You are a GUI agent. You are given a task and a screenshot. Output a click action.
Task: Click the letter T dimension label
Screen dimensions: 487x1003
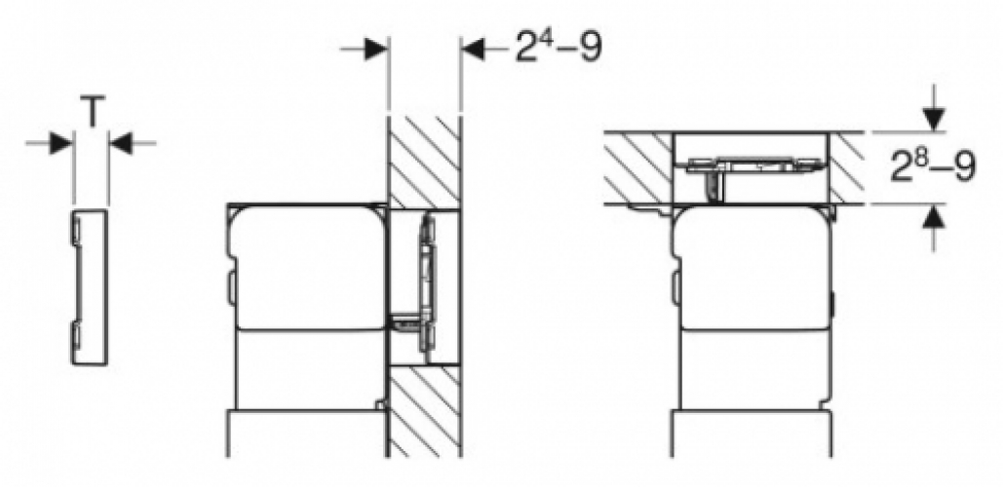coord(91,114)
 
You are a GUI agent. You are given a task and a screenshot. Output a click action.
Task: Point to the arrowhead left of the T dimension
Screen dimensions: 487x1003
coord(60,143)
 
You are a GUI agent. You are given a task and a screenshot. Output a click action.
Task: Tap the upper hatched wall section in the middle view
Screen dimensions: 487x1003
coord(424,161)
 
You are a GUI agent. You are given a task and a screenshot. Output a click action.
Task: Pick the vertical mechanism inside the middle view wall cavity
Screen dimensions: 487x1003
coord(426,282)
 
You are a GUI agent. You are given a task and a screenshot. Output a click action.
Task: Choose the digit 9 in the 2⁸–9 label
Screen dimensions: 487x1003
coord(964,168)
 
